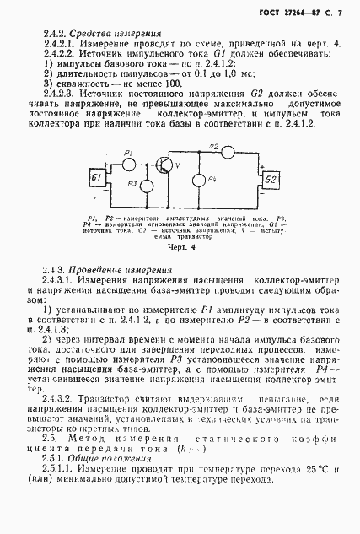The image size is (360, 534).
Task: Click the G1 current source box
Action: [x=97, y=179]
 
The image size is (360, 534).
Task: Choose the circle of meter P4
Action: [x=198, y=181]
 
